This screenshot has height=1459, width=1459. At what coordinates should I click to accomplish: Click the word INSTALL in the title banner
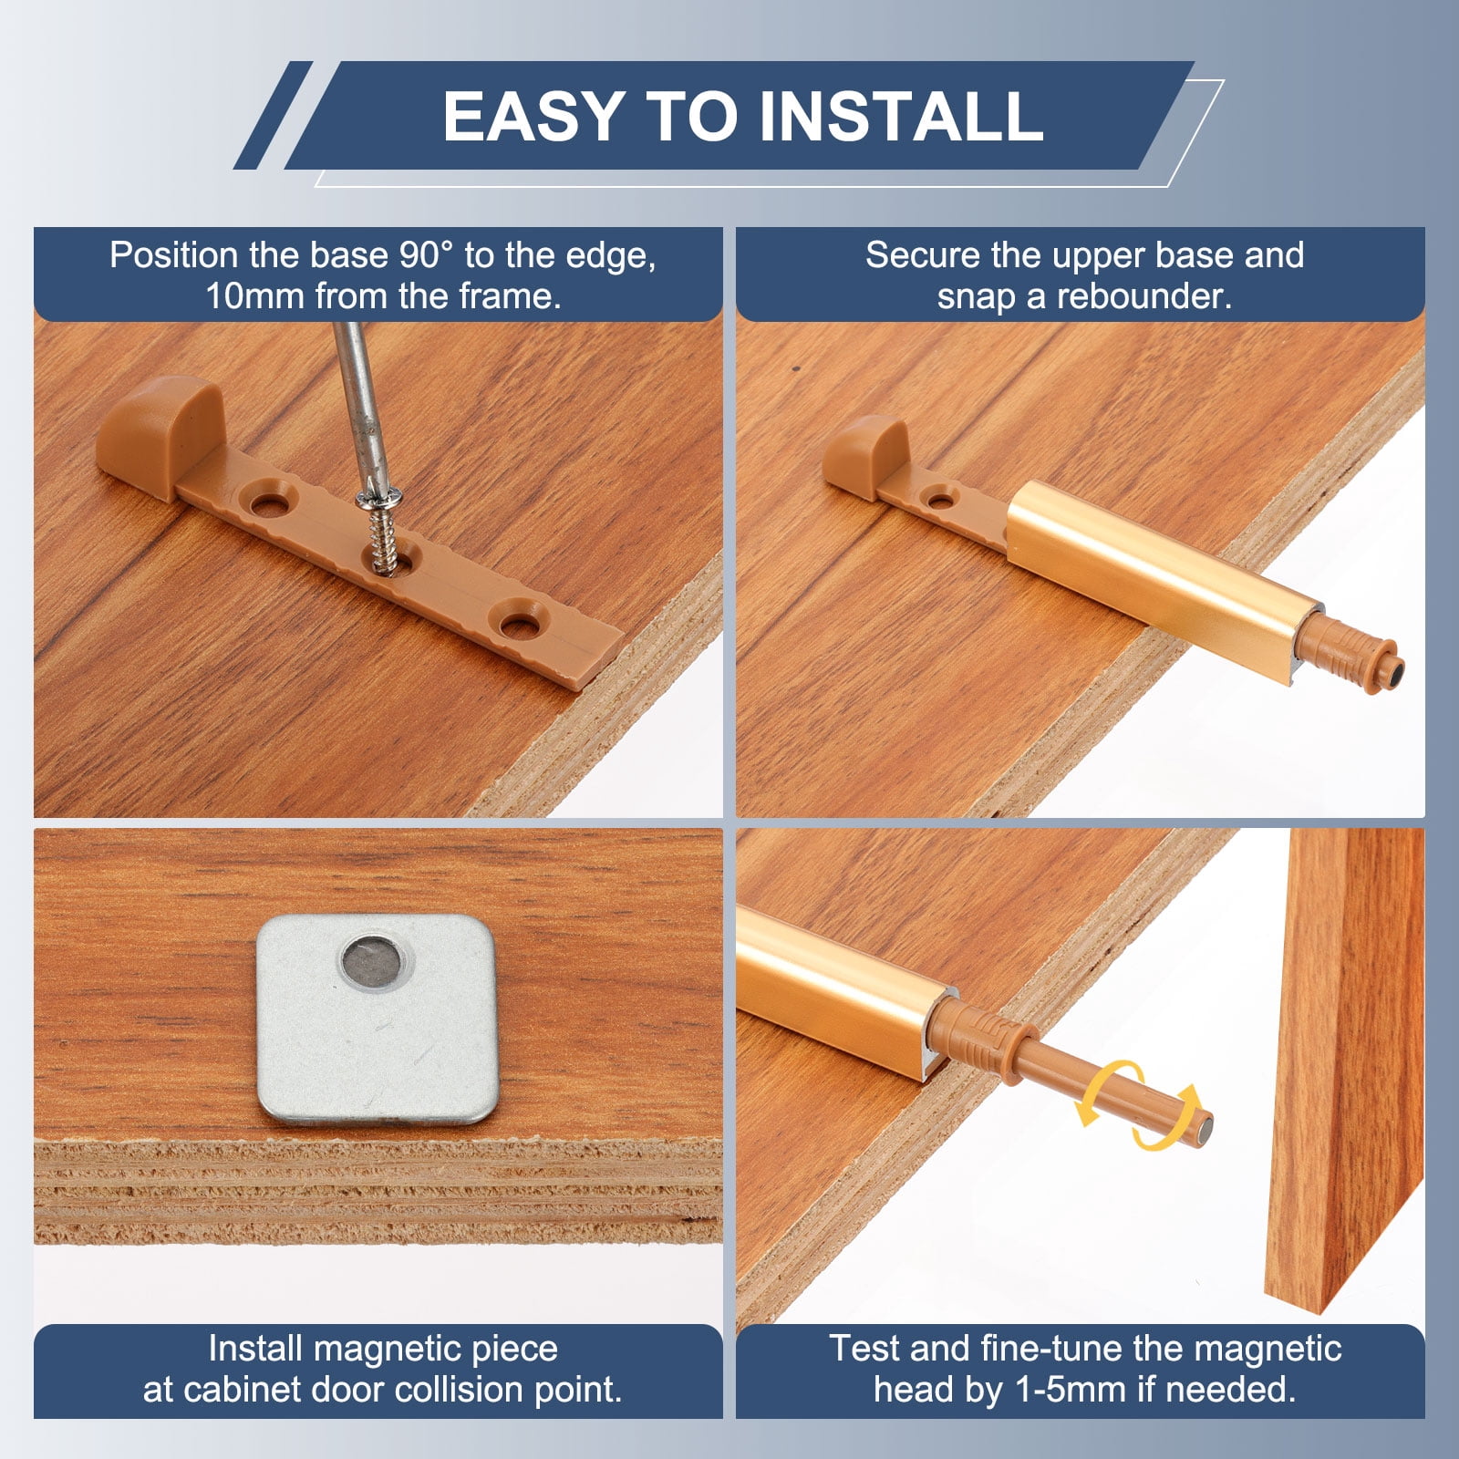coord(901,116)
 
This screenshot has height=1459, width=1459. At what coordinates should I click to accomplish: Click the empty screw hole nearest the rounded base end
coord(269,501)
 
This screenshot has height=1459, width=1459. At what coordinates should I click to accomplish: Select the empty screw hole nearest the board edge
coord(519,625)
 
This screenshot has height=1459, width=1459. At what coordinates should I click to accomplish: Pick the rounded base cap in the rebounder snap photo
coord(865,456)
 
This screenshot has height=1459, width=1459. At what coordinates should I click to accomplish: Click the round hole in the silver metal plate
coord(373,961)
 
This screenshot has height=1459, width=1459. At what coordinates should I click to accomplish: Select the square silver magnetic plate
coord(377,1019)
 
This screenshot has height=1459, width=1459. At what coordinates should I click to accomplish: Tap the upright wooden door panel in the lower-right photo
coord(1345,1067)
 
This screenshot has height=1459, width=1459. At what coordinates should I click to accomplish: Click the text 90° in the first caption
coord(427,255)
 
